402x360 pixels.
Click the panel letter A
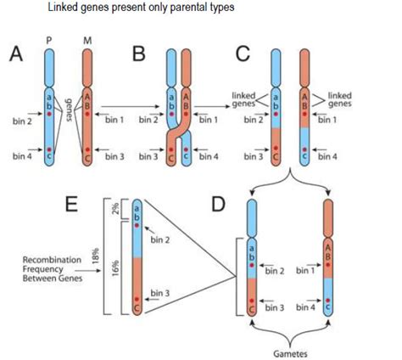pyautogui.click(x=16, y=56)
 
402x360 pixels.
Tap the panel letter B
pyautogui.click(x=138, y=56)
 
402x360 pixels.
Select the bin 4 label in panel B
pyautogui.click(x=208, y=155)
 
